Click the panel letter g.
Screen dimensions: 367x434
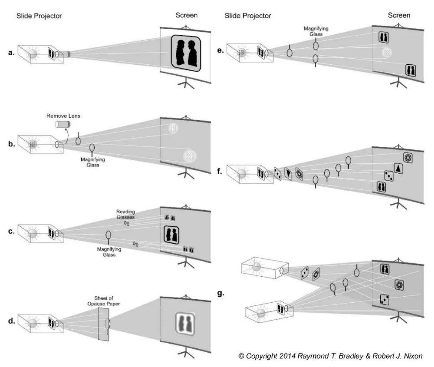(x=220, y=294)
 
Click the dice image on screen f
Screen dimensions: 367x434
(x=389, y=175)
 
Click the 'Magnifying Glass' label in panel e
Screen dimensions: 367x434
(x=316, y=31)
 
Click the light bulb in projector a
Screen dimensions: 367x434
(x=33, y=54)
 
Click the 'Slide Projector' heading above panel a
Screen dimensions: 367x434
(x=39, y=16)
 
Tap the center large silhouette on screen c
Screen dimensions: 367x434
(x=172, y=235)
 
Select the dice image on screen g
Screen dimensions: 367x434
(x=385, y=299)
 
